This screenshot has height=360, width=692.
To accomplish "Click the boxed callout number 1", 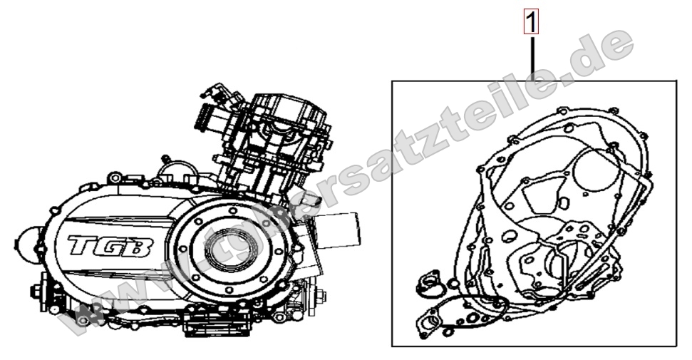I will point(531,23).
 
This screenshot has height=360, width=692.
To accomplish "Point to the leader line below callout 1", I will point(531,57).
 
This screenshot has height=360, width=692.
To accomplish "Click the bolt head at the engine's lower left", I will point(36,291).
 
